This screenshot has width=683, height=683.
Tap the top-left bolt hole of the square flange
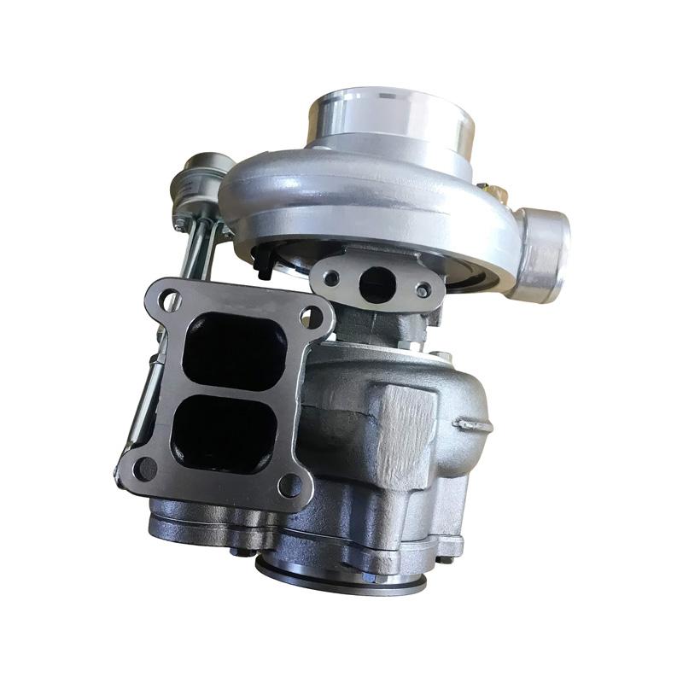pos(169,299)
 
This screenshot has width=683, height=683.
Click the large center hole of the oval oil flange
pos(374,284)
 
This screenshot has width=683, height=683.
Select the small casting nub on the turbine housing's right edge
pos(475,422)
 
